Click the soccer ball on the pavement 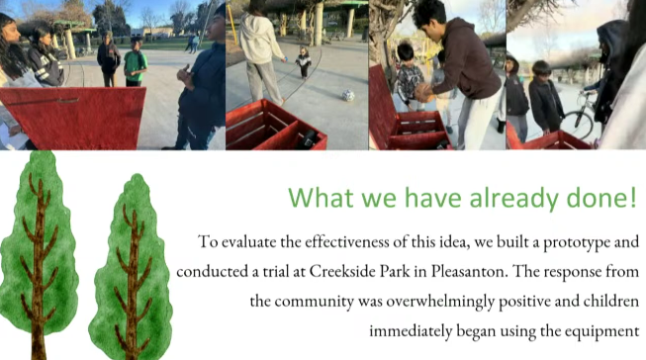(x=348, y=95)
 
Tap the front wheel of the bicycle (x=578, y=125)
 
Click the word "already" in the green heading (x=513, y=198)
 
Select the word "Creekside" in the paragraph (x=339, y=271)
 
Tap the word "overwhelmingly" (x=440, y=302)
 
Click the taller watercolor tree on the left (x=39, y=254)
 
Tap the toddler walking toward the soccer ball (x=304, y=62)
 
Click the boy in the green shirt (x=135, y=61)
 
